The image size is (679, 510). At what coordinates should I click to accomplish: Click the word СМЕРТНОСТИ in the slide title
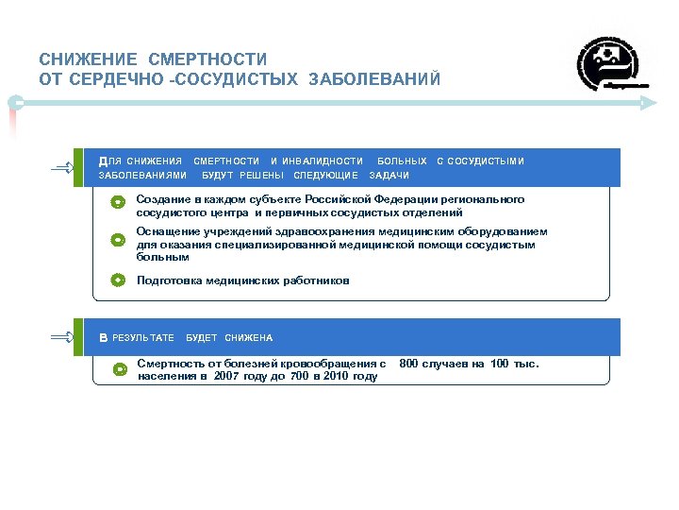(x=207, y=59)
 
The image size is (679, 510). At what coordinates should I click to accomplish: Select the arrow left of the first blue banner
(x=68, y=167)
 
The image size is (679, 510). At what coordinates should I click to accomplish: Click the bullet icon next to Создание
(x=117, y=202)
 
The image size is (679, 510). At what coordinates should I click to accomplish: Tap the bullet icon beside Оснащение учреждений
(x=117, y=240)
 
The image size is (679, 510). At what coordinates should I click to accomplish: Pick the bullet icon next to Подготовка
(x=117, y=280)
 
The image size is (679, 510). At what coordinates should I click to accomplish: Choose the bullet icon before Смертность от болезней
(x=119, y=369)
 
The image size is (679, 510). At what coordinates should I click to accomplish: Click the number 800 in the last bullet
(x=412, y=364)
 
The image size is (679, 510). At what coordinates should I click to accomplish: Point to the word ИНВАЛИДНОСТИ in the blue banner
(x=316, y=161)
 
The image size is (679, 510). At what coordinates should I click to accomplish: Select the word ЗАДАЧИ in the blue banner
(x=389, y=176)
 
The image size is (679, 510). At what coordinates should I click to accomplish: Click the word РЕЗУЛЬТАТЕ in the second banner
(x=143, y=338)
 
